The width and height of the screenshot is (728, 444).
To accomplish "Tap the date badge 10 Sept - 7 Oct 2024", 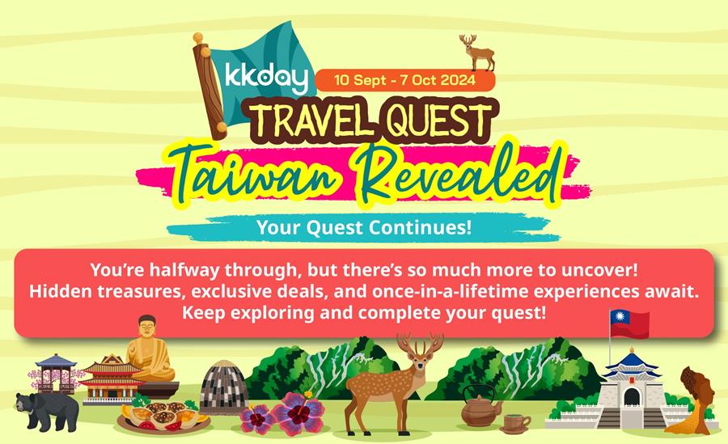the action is point(405,80).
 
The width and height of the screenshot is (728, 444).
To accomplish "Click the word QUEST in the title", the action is point(438,120).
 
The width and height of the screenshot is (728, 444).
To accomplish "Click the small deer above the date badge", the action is point(476,52).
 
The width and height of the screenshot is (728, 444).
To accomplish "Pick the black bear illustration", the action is point(46,411).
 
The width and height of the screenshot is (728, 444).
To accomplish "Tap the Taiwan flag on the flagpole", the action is point(629,323).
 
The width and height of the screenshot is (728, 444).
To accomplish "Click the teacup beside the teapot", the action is point(515,424).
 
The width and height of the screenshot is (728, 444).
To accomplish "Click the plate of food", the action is point(163,415).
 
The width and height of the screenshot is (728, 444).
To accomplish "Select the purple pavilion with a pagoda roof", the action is point(56,373).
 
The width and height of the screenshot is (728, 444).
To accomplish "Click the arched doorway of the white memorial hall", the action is point(632,397).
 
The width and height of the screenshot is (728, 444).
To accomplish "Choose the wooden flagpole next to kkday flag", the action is point(210,86).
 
